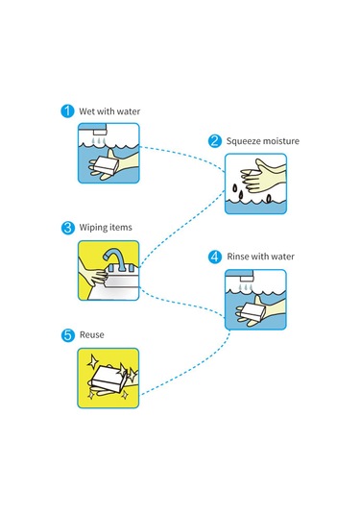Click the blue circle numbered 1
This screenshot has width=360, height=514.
pos(67,110)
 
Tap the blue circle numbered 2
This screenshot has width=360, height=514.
pos(215,141)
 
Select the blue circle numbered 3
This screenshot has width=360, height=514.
pos(68,228)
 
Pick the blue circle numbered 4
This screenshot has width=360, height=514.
pos(215,257)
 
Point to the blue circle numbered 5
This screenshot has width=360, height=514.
pos(68,335)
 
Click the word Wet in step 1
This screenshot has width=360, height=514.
pos(86,111)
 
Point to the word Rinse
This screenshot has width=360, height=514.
pos(238,257)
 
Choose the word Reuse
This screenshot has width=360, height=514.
pos(92,334)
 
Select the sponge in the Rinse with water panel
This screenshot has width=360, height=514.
pos(252,311)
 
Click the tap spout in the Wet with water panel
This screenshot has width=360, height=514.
pos(100,133)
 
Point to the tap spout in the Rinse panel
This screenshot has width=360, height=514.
pos(248,279)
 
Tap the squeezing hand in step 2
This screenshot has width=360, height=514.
pos(263,177)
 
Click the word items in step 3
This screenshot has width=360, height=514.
pos(122,227)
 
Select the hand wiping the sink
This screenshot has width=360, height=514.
pos(93,275)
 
